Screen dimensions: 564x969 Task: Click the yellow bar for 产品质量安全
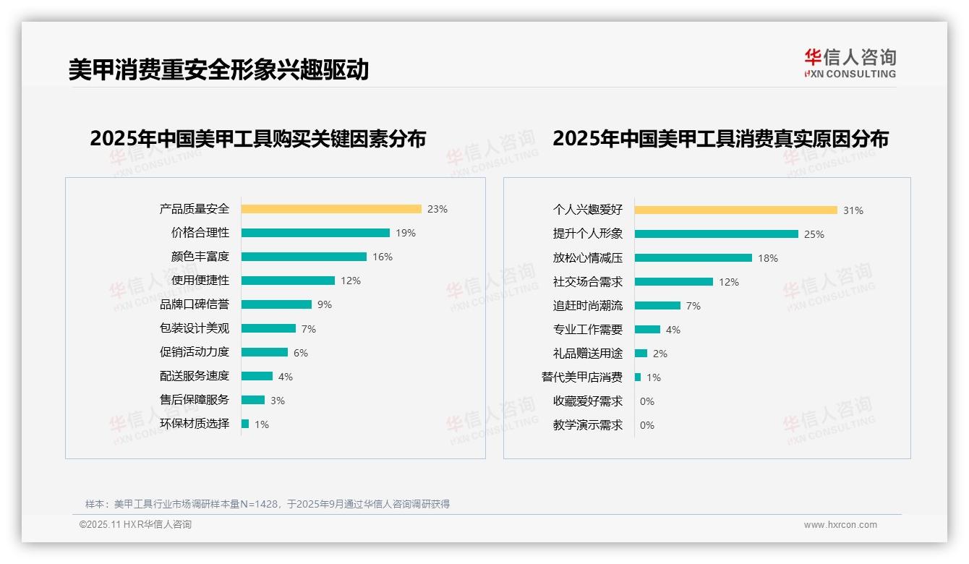[x=331, y=209]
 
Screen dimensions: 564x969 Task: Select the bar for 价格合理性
[x=315, y=233]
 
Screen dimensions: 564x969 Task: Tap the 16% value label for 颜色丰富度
[x=383, y=257]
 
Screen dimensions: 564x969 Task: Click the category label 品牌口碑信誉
[x=195, y=304]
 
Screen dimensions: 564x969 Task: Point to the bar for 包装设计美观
[x=268, y=328]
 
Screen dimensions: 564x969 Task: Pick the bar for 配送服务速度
[x=257, y=376]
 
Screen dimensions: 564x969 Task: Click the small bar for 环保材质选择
[x=245, y=424]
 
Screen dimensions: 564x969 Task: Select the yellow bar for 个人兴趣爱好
[x=735, y=210]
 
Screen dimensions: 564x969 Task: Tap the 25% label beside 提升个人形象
[x=814, y=234]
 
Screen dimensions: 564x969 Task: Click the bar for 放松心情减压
[x=693, y=257]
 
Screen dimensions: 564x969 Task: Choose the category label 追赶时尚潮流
[x=588, y=306]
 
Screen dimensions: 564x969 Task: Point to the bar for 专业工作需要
[x=647, y=329]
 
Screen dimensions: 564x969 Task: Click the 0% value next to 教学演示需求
[x=647, y=425]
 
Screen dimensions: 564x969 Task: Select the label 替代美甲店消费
[x=582, y=377]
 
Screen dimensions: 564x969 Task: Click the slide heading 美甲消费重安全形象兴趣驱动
[x=218, y=69]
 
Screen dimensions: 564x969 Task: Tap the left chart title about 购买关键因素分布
[x=258, y=138]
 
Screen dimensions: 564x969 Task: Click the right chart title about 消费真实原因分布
[x=720, y=138]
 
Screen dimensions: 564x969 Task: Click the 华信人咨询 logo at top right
[x=850, y=63]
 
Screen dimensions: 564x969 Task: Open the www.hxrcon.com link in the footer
[x=840, y=525]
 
